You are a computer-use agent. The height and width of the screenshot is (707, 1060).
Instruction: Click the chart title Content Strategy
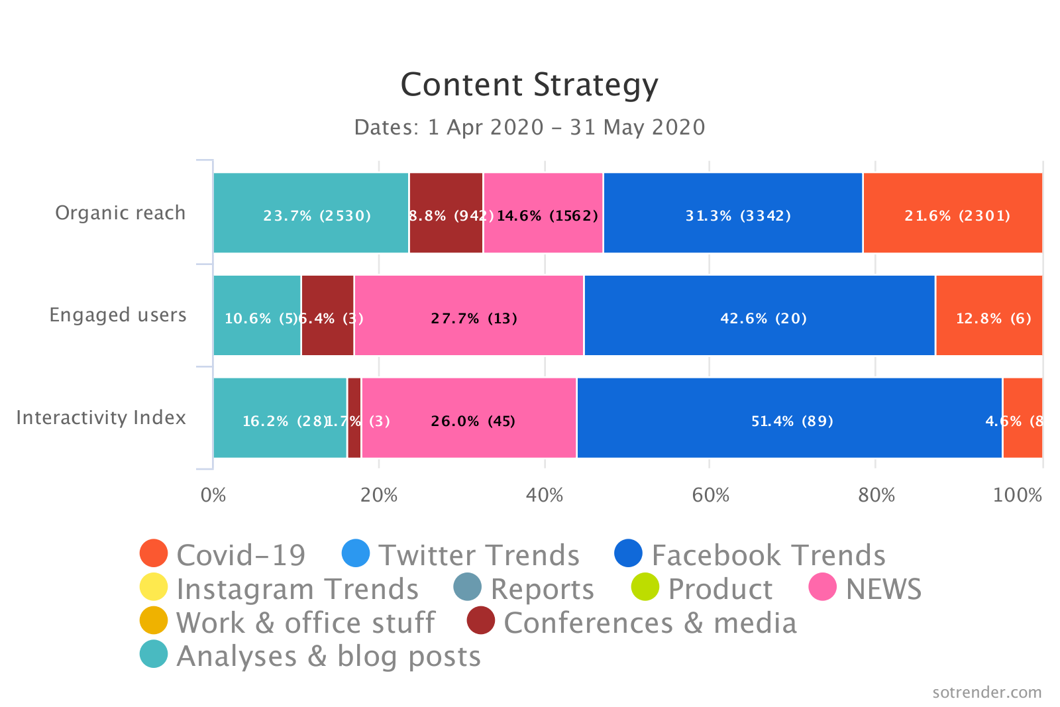point(529,85)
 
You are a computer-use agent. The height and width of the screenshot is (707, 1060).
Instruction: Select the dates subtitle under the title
point(529,127)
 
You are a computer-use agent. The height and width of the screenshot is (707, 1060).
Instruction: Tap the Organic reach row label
point(120,213)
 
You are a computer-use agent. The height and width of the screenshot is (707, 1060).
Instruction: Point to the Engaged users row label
point(118,315)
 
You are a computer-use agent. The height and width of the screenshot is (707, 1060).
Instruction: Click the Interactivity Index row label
point(101,417)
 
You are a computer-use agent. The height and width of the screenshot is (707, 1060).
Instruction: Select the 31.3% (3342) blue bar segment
point(733,213)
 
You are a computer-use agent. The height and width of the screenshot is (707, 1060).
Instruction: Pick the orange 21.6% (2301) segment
point(953,213)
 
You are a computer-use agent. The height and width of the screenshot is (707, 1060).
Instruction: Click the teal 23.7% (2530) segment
point(311,213)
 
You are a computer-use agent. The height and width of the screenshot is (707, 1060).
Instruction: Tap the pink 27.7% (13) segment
point(469,315)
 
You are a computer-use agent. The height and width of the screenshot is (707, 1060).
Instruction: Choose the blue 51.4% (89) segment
point(789,418)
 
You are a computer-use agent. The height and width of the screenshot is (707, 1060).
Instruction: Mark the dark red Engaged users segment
point(327,315)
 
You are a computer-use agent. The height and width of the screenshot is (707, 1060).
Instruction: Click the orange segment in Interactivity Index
point(1022,418)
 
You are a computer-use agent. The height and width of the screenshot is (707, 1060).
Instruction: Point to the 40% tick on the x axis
point(545,495)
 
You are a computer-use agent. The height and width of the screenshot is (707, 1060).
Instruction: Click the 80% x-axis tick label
point(876,495)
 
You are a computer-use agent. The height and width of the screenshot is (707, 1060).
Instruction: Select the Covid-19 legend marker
point(154,553)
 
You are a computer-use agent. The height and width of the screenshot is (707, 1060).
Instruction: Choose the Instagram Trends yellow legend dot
point(154,587)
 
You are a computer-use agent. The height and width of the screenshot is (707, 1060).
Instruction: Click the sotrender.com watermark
point(986,692)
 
